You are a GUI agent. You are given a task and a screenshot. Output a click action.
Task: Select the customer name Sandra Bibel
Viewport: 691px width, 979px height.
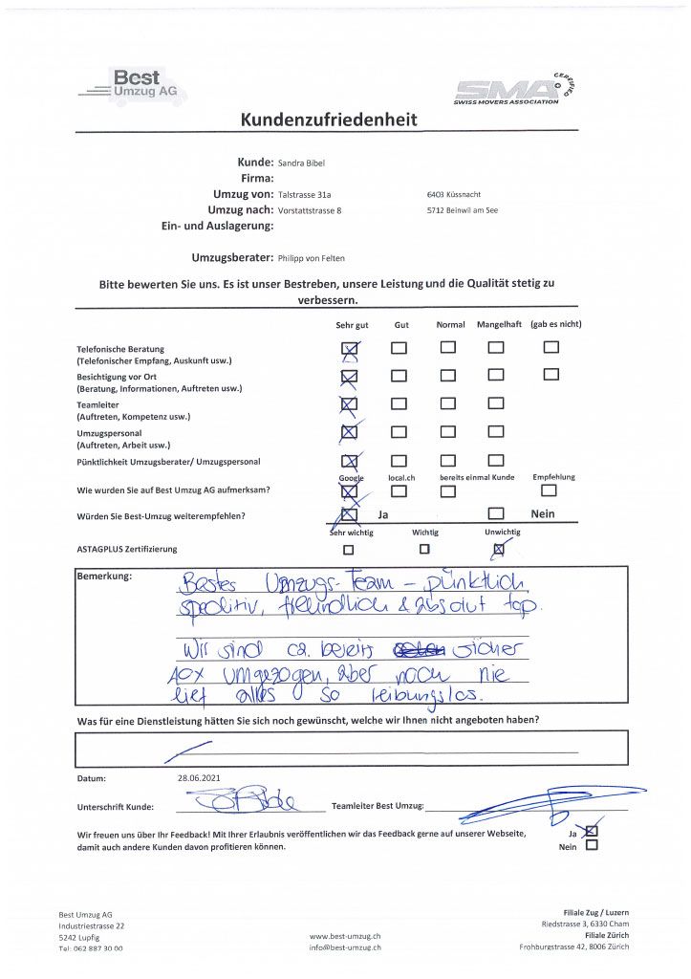(302, 163)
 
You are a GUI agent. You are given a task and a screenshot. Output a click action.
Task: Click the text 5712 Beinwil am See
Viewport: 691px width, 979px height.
(463, 210)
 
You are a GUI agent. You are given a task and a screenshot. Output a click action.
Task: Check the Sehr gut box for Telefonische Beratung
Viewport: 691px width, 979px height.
(349, 348)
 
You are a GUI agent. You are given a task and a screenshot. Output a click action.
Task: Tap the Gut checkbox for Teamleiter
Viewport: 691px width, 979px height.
(398, 404)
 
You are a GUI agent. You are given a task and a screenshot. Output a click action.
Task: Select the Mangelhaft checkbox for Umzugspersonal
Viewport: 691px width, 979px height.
(495, 433)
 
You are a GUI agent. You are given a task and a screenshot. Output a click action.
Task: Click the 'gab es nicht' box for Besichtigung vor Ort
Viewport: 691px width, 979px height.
(551, 375)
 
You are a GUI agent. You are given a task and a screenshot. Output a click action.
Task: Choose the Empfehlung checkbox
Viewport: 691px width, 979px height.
(548, 491)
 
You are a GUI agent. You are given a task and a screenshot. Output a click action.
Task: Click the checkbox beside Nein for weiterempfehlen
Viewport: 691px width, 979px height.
(495, 515)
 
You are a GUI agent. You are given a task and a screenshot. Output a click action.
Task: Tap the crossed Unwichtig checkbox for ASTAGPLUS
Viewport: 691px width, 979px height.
(498, 550)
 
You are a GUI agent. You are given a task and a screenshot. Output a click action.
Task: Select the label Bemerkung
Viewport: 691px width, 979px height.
(104, 577)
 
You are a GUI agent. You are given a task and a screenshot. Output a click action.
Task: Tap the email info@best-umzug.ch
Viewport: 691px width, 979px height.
(346, 947)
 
